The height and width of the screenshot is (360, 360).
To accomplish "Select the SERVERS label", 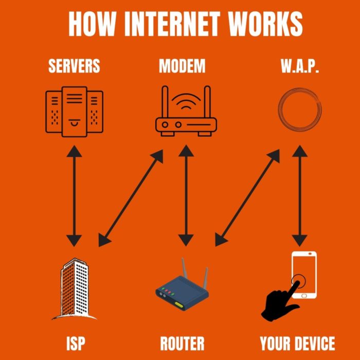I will (74, 66).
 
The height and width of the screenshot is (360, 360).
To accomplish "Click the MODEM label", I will (182, 66).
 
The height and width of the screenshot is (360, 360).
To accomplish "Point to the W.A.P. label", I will (300, 66).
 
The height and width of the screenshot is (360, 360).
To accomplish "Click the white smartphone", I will (304, 275).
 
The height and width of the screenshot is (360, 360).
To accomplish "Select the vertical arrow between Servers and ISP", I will (75, 195).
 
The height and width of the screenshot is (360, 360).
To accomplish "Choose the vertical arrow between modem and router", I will (186, 195).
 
